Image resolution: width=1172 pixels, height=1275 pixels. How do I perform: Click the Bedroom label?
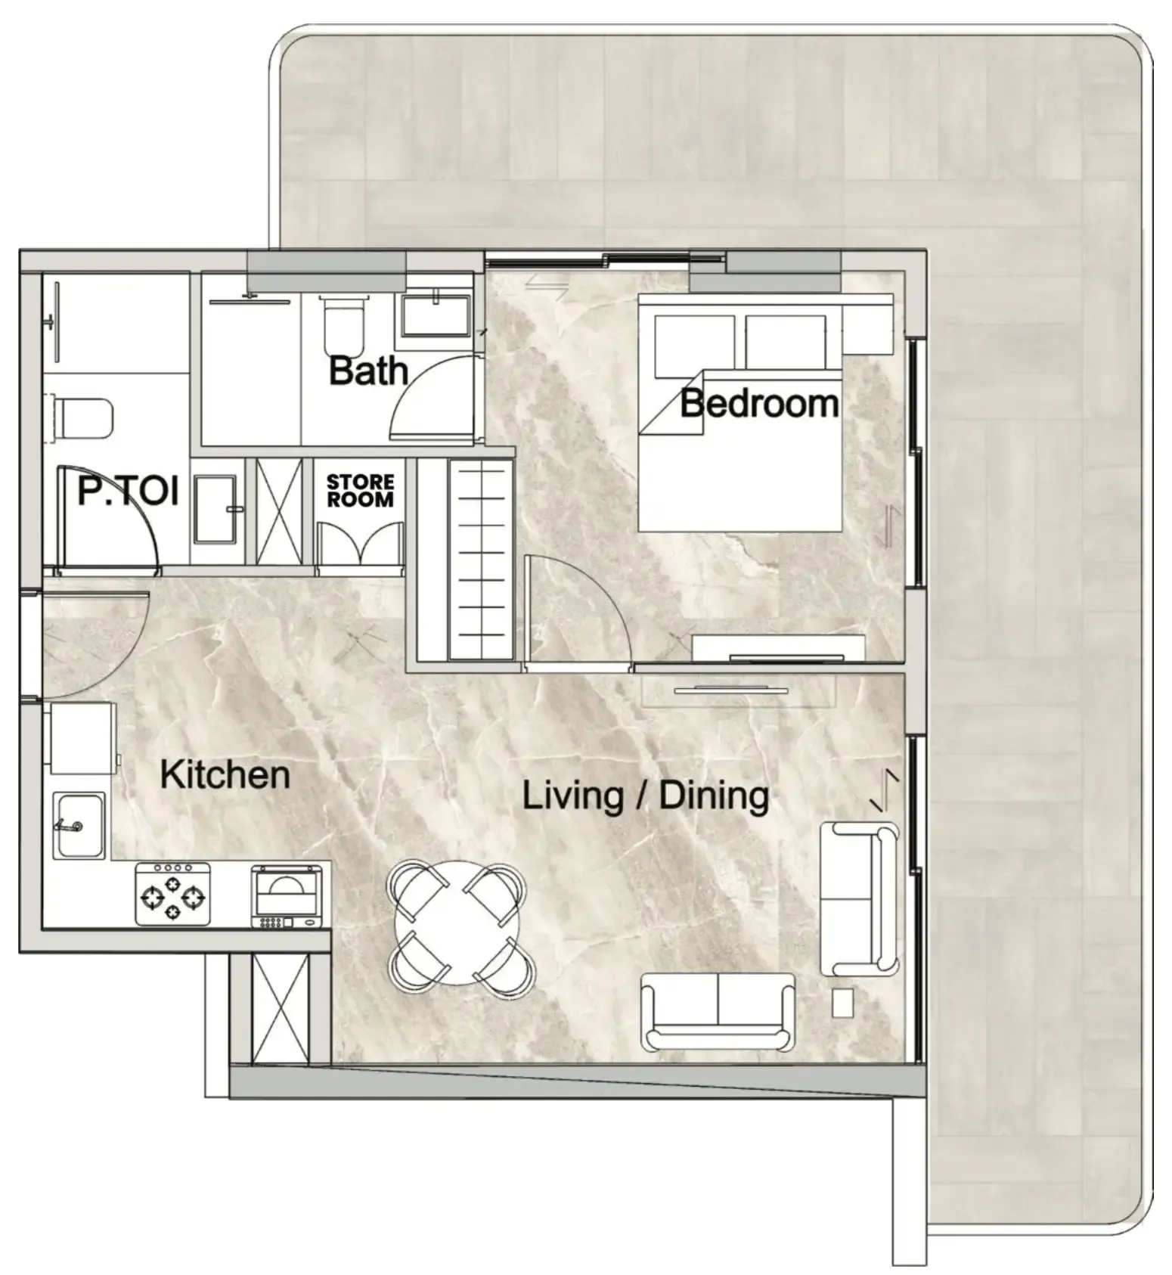759,404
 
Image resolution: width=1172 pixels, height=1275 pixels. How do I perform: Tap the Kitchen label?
225,775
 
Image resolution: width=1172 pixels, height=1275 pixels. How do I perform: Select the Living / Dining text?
646,796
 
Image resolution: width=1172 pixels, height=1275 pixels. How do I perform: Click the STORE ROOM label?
360,490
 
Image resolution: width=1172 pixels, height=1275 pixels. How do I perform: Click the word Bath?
368,371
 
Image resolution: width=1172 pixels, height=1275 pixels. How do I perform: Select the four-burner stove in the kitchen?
173,895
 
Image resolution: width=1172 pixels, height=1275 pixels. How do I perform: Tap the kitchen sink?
79,825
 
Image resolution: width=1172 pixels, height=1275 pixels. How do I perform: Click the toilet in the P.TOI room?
83,418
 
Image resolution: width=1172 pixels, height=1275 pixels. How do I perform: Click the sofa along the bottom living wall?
718,1012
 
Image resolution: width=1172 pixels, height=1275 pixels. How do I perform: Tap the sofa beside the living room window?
858,898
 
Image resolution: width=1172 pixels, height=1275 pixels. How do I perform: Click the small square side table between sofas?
842,1003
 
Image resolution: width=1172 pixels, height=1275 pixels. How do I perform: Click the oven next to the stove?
287,897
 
